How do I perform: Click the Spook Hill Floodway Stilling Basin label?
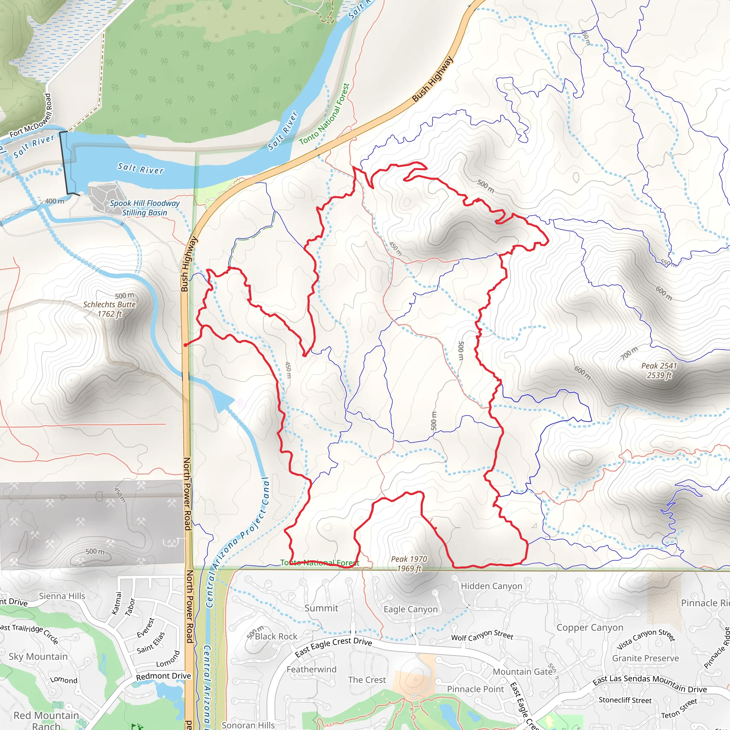point(145,208)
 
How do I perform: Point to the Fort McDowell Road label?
point(31,115)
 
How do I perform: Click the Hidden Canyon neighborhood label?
point(491,586)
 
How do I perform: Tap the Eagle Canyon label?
point(410,609)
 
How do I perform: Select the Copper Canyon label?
point(590,627)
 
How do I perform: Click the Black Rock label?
point(276,636)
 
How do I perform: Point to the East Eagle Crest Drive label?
point(333,646)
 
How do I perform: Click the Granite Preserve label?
point(646,658)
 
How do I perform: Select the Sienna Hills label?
point(62,596)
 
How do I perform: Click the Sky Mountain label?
point(38,656)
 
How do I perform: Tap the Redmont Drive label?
point(163,676)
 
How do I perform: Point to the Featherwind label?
point(311,669)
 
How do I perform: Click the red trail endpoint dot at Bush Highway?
point(185,345)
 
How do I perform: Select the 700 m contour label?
point(629,353)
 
